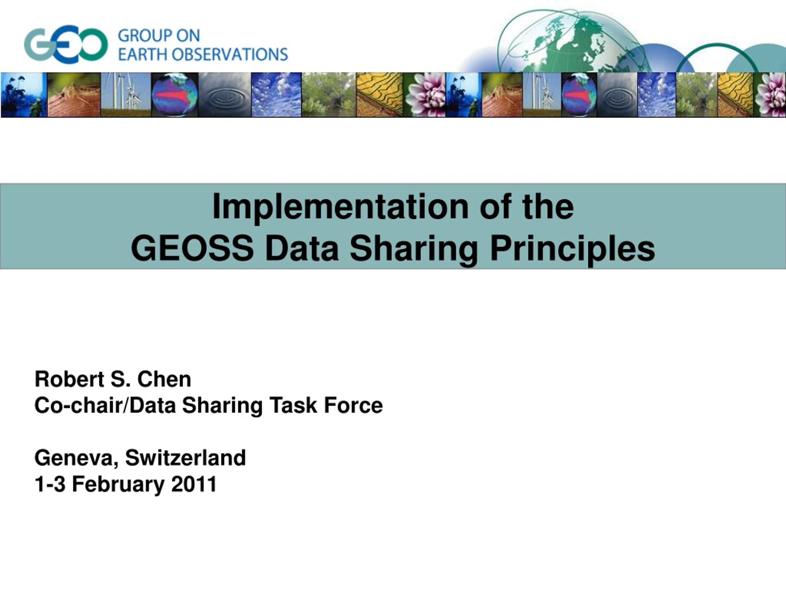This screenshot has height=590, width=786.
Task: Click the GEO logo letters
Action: [66, 45]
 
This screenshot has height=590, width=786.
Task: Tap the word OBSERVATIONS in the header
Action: [230, 54]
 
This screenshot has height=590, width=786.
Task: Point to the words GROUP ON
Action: [159, 36]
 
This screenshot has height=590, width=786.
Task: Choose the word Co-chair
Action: [78, 405]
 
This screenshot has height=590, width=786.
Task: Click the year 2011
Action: [194, 484]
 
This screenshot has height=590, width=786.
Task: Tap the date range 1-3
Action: [50, 484]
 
